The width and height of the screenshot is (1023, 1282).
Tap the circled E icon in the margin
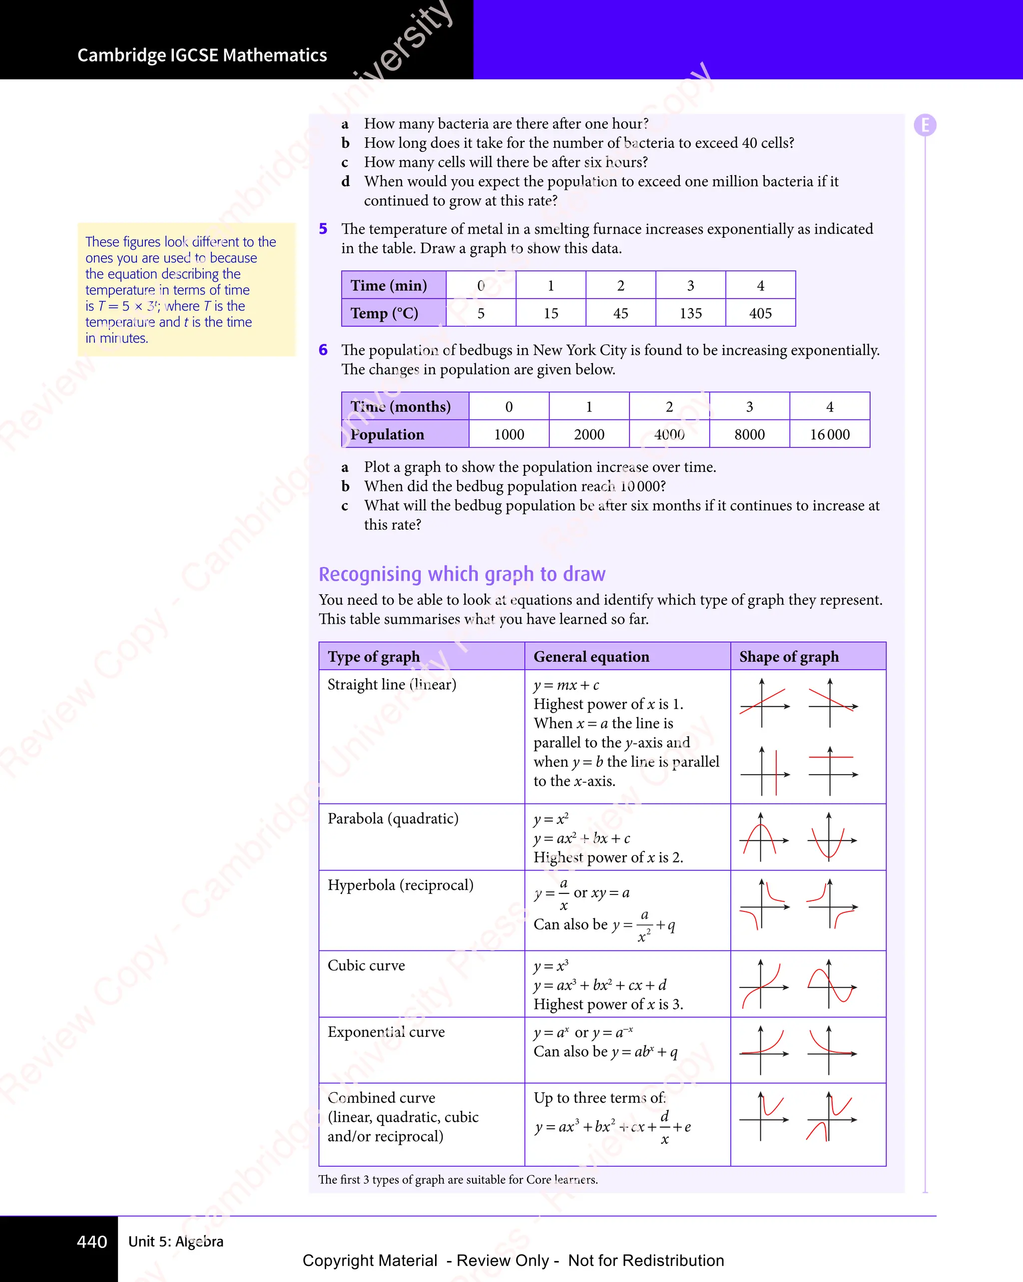point(925,125)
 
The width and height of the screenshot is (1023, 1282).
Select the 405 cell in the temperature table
point(760,313)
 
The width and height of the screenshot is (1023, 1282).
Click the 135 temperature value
point(690,313)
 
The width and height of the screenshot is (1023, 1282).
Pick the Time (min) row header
point(389,286)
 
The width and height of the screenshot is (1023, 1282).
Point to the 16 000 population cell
point(830,434)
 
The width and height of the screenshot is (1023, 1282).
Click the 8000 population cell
point(749,434)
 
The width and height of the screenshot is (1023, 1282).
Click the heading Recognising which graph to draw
point(462,574)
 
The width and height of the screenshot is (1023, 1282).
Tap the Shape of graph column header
point(789,656)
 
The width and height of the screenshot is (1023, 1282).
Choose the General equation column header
point(591,656)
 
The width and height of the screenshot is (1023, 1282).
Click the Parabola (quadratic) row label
point(393,819)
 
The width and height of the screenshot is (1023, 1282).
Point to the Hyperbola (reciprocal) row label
point(400,885)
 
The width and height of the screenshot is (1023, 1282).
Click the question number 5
point(323,229)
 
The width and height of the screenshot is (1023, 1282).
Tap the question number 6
point(323,350)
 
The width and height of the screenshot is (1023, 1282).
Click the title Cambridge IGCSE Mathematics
point(202,55)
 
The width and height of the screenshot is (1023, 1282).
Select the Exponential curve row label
point(386,1032)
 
